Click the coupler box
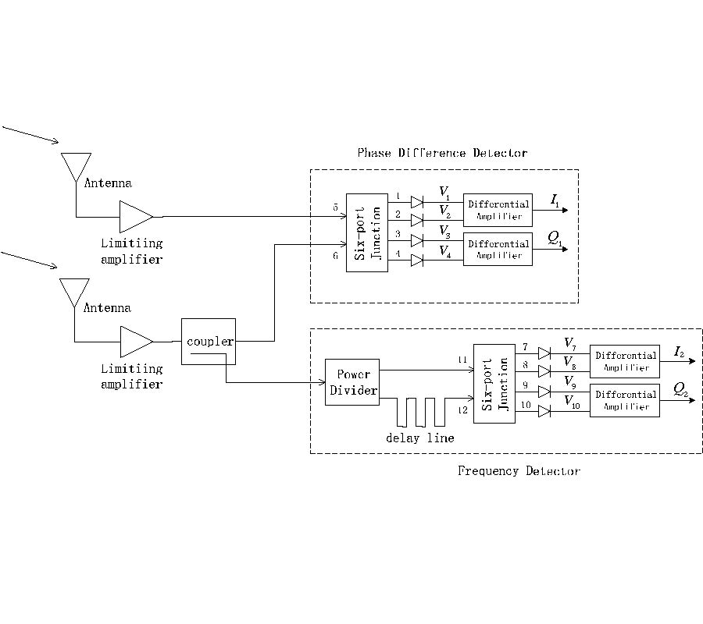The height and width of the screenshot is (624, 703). click(x=209, y=341)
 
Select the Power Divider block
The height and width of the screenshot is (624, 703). click(x=351, y=382)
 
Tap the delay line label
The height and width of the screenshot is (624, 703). click(x=419, y=438)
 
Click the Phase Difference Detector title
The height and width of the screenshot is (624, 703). click(x=442, y=153)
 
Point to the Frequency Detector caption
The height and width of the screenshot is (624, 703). click(x=519, y=471)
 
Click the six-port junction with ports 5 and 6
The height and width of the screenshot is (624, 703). click(x=366, y=232)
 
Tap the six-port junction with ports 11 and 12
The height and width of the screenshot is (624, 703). click(x=494, y=383)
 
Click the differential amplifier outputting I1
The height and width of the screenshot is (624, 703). click(x=498, y=210)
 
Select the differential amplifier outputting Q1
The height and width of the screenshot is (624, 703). click(x=498, y=249)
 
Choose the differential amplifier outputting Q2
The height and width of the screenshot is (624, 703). click(x=624, y=400)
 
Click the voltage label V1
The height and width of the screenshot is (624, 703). click(x=444, y=192)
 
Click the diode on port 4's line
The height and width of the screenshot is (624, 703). click(x=417, y=261)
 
